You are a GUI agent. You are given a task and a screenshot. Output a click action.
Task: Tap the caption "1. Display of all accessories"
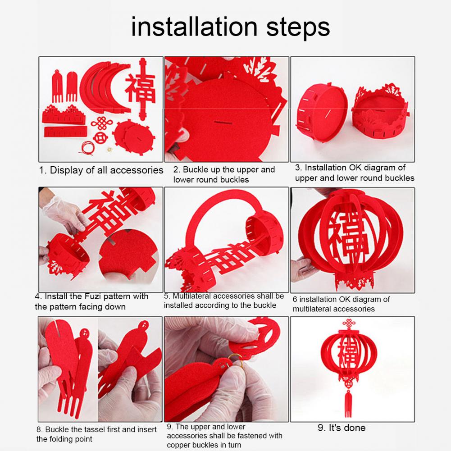tap(101, 170)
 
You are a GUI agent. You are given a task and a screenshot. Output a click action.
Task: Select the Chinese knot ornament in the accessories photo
tap(101, 123)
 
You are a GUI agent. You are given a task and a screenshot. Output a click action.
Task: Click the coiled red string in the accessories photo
tap(87, 147)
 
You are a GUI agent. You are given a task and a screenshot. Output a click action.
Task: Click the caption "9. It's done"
tap(342, 428)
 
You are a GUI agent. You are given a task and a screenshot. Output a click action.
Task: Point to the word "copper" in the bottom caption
tap(179, 445)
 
